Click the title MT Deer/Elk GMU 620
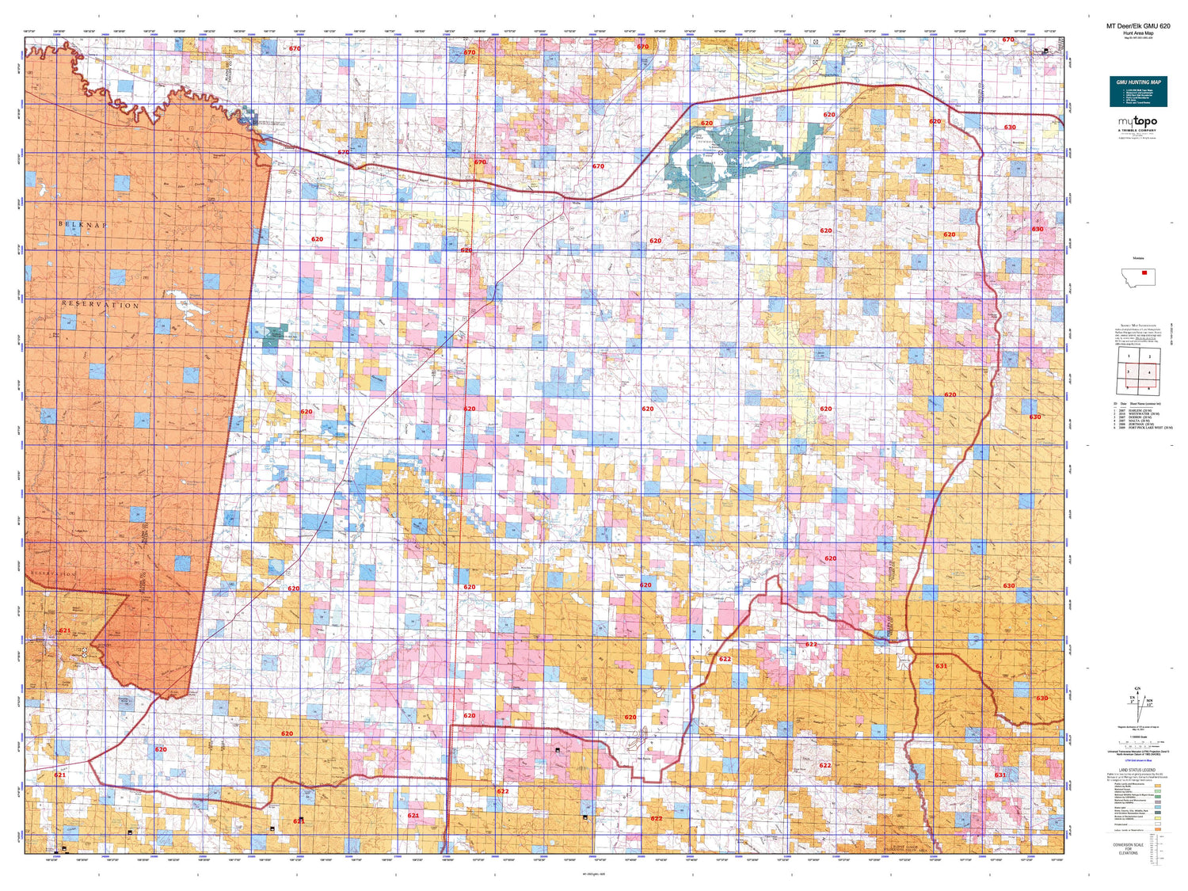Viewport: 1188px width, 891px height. [1137, 26]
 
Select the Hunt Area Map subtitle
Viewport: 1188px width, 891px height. [1138, 33]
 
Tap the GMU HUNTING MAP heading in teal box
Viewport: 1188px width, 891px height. [1138, 82]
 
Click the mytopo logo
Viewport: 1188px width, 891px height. [1137, 121]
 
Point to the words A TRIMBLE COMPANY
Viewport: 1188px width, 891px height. [1137, 131]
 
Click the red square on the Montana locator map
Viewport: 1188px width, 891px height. [1144, 272]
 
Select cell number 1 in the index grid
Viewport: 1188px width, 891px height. [1129, 356]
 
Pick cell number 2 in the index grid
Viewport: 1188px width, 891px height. [1149, 356]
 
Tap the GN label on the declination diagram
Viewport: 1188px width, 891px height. [1138, 689]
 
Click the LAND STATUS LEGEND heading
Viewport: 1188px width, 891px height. [1137, 770]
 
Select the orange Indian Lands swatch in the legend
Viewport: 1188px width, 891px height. [1158, 829]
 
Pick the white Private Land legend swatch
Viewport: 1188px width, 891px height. [1158, 823]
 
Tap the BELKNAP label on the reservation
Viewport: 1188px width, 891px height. [82, 225]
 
